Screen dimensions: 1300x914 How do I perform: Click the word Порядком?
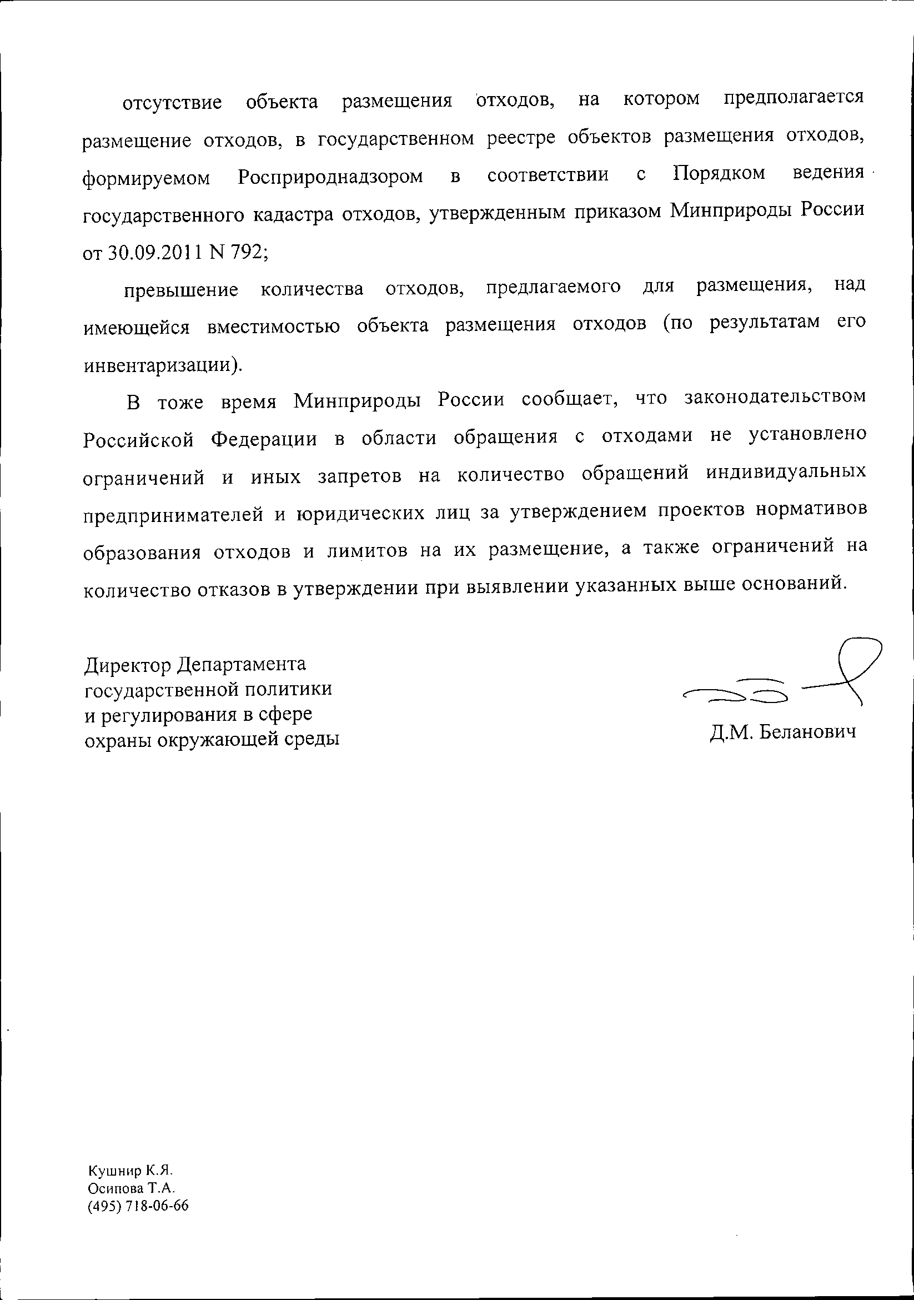[719, 173]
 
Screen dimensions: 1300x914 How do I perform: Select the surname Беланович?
[807, 732]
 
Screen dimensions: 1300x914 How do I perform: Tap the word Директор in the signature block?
[128, 664]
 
